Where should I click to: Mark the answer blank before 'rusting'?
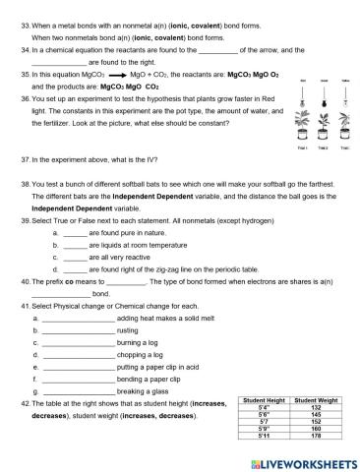click(78, 331)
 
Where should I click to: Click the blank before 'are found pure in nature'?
click(89, 232)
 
